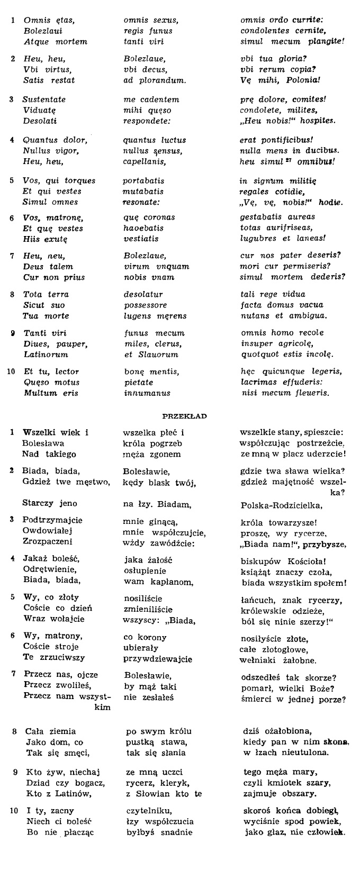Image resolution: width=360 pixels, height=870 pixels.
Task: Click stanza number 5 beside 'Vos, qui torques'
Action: coord(12,180)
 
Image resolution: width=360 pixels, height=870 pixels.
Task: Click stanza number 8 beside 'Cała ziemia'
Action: coord(14,732)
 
